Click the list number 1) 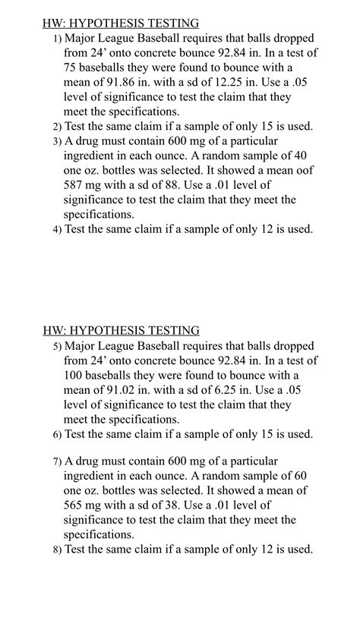click(57, 39)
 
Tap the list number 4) click(57, 230)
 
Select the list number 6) click(57, 435)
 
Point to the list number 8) click(57, 550)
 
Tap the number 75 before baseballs click(71, 68)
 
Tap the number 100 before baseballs click(74, 376)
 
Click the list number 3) click(57, 142)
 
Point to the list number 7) click(57, 461)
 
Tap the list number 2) click(57, 127)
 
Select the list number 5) click(57, 346)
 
